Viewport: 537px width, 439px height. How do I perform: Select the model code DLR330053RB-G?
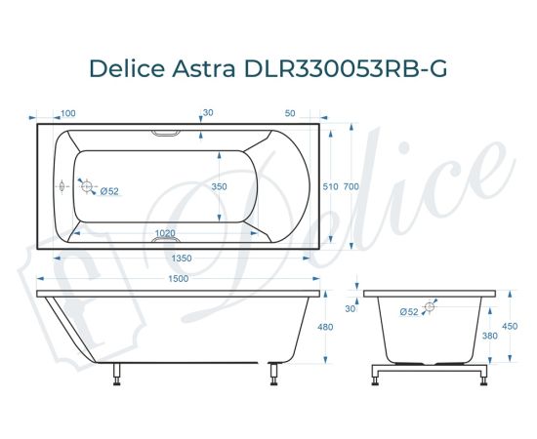pos(346,69)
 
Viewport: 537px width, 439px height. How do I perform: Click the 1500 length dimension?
pos(177,279)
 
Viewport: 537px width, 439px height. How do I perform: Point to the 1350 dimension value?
pos(177,259)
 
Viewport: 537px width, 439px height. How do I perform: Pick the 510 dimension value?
pos(330,185)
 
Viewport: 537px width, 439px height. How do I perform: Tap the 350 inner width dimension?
pos(220,185)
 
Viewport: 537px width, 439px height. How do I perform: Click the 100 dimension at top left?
pos(68,113)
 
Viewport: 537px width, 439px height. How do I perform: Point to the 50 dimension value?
pos(291,113)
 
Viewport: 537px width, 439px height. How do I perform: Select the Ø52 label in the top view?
pos(109,191)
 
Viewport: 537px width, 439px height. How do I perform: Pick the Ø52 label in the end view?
pos(408,312)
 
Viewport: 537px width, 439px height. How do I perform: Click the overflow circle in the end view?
pos(427,306)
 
